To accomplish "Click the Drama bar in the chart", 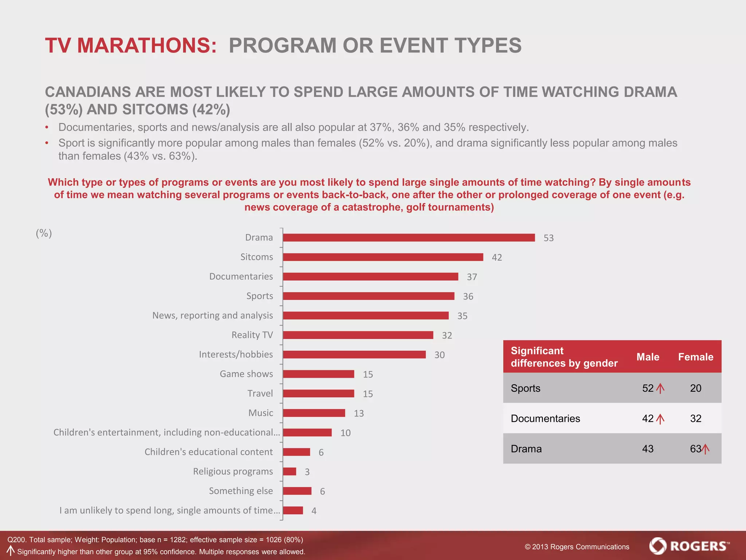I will coord(409,238).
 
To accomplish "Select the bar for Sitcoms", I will coord(383,257).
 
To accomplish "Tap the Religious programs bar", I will coord(290,471).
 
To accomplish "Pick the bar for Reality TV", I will coord(358,335).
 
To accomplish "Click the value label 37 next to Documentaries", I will coord(472,277).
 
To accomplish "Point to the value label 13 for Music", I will coord(359,413).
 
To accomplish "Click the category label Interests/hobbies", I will coord(236,354).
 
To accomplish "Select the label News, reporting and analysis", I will coord(212,315).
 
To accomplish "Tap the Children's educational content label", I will coord(208,452).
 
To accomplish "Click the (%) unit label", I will coord(44,233).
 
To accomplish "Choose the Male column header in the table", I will coord(648,357).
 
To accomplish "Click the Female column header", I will coord(695,357).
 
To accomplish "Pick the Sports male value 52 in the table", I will coord(648,388).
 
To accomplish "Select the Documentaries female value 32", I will coord(695,419).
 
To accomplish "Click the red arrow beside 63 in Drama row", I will coord(706,449).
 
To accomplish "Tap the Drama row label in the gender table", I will coord(526,449).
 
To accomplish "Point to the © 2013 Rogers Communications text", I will coord(577,547).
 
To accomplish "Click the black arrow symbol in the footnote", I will coord(11,551).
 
